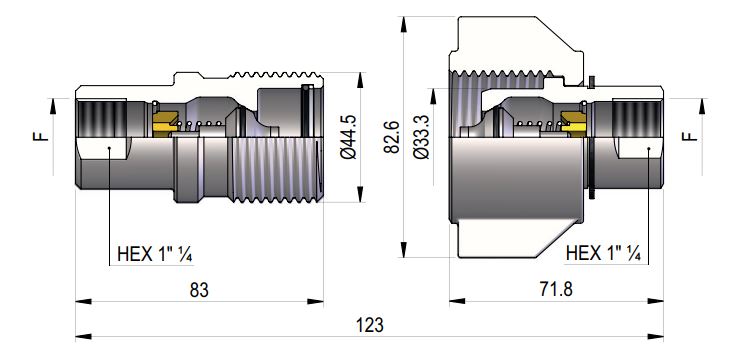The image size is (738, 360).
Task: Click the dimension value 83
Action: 200,290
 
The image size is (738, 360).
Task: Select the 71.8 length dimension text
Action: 557,290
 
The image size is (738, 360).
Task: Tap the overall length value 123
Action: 370,326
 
